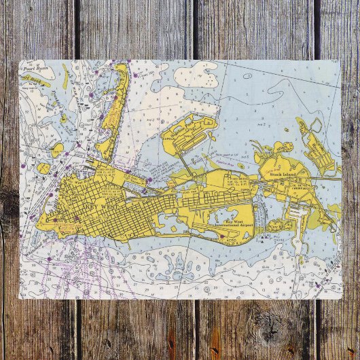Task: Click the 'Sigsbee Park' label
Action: tap(190, 123)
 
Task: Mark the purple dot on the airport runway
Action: tap(221, 237)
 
